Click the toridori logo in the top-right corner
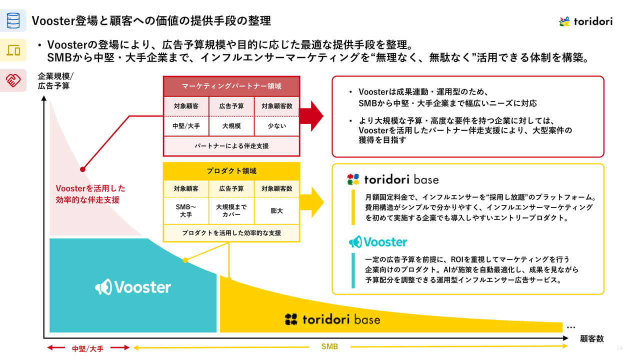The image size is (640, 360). pyautogui.click(x=585, y=21)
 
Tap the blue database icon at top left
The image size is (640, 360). pyautogui.click(x=13, y=20)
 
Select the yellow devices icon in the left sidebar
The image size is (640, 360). pyautogui.click(x=13, y=50)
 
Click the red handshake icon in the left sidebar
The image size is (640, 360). pyautogui.click(x=13, y=80)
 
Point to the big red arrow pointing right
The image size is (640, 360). pyautogui.click(x=311, y=115)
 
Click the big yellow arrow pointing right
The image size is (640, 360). pyautogui.click(x=311, y=202)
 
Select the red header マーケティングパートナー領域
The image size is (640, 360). pyautogui.click(x=231, y=86)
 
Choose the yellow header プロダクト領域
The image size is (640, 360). pyautogui.click(x=231, y=171)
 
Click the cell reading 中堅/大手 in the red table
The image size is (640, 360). pyautogui.click(x=186, y=126)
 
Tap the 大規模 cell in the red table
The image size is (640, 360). pyautogui.click(x=231, y=126)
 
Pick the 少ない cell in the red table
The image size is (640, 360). pyautogui.click(x=276, y=126)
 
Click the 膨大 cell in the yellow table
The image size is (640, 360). pyautogui.click(x=276, y=210)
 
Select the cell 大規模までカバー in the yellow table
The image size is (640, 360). pyautogui.click(x=231, y=210)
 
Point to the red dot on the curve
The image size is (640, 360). pyautogui.click(x=82, y=169)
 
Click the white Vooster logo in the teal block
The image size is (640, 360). pyautogui.click(x=133, y=287)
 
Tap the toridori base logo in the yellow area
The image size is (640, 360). pyautogui.click(x=332, y=319)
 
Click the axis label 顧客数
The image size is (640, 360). pyautogui.click(x=591, y=338)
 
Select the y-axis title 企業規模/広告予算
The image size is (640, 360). pyautogui.click(x=55, y=81)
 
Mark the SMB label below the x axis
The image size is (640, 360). pyautogui.click(x=329, y=346)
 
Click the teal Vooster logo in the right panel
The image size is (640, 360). pyautogui.click(x=378, y=242)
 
